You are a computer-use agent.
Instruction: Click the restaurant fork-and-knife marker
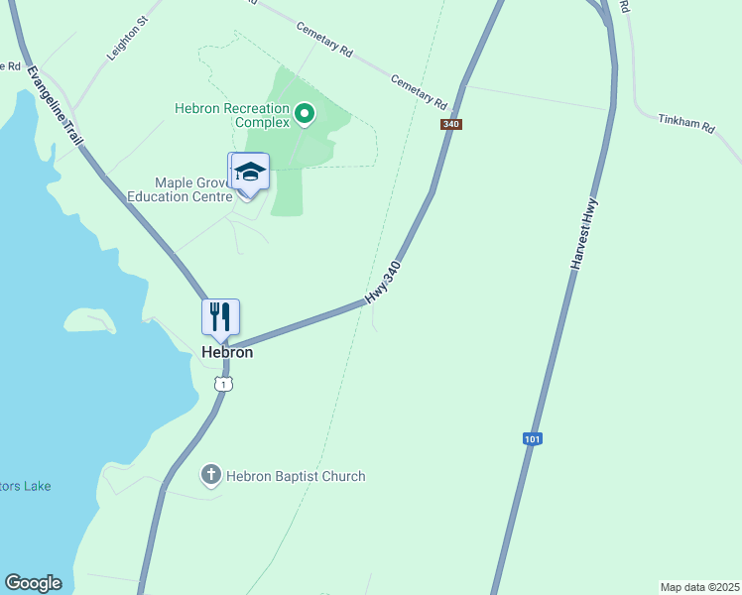220,317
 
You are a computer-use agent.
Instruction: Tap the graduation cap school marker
249,173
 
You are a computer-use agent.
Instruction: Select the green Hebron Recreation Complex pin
306,116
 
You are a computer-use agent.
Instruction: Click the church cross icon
210,476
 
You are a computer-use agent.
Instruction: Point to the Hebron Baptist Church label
295,477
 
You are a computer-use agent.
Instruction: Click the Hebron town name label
227,352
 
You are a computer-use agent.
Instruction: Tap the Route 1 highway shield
225,383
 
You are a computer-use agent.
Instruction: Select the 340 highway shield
451,124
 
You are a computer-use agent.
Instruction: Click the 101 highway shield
533,438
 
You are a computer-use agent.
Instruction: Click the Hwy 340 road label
383,284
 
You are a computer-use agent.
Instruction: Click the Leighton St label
127,38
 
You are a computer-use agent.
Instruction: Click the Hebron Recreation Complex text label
232,115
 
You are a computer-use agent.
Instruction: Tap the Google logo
33,583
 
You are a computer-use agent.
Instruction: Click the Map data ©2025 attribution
699,587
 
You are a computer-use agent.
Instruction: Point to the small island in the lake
90,320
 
